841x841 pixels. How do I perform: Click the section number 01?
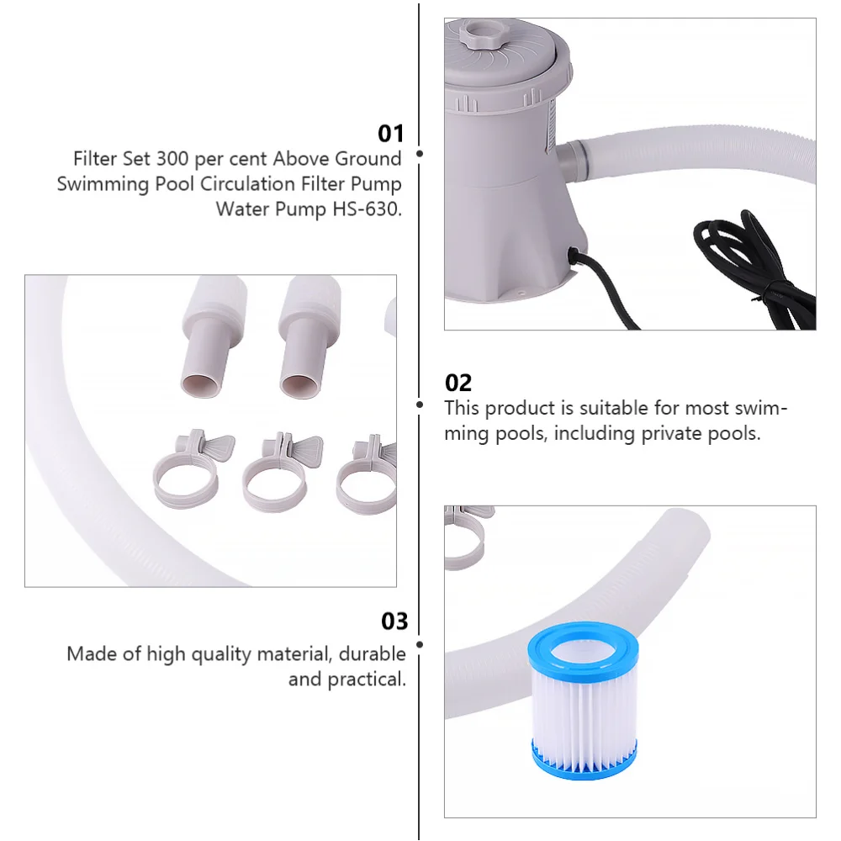[x=391, y=134]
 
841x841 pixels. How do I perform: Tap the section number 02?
[x=458, y=383]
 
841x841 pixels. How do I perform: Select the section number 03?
[x=394, y=621]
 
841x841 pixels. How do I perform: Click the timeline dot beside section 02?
[x=420, y=405]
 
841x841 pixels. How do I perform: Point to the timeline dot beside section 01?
[x=420, y=154]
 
